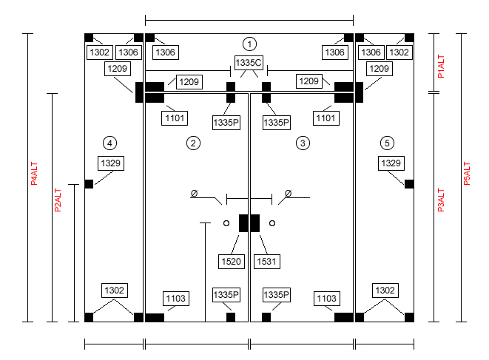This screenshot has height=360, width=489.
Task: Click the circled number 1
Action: (x=249, y=44)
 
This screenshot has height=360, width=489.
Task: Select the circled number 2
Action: (x=193, y=143)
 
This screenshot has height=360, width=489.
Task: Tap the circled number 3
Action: (x=303, y=143)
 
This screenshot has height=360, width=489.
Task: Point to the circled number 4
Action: (x=109, y=143)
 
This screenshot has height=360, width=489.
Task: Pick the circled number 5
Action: (x=387, y=143)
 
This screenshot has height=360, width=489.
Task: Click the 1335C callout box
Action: (x=249, y=63)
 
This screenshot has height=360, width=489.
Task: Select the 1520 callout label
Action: (x=231, y=261)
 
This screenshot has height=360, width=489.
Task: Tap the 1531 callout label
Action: (x=266, y=261)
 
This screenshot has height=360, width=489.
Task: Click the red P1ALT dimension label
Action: (x=441, y=67)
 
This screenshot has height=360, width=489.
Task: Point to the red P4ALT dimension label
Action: (x=34, y=174)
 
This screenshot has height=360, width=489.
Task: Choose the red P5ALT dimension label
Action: (x=467, y=174)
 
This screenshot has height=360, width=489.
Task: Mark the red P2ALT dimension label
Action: (x=58, y=200)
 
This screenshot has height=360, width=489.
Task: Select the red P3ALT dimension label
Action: (x=441, y=200)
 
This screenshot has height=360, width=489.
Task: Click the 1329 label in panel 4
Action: (x=111, y=163)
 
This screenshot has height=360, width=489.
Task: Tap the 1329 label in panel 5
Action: (x=391, y=163)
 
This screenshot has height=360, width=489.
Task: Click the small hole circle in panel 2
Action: (x=226, y=223)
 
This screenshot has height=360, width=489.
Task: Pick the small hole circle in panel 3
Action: (x=272, y=223)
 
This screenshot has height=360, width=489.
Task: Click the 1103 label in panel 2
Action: (x=176, y=299)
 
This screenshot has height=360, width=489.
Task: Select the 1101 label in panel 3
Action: (x=326, y=118)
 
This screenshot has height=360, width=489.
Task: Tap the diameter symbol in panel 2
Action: (x=194, y=194)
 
